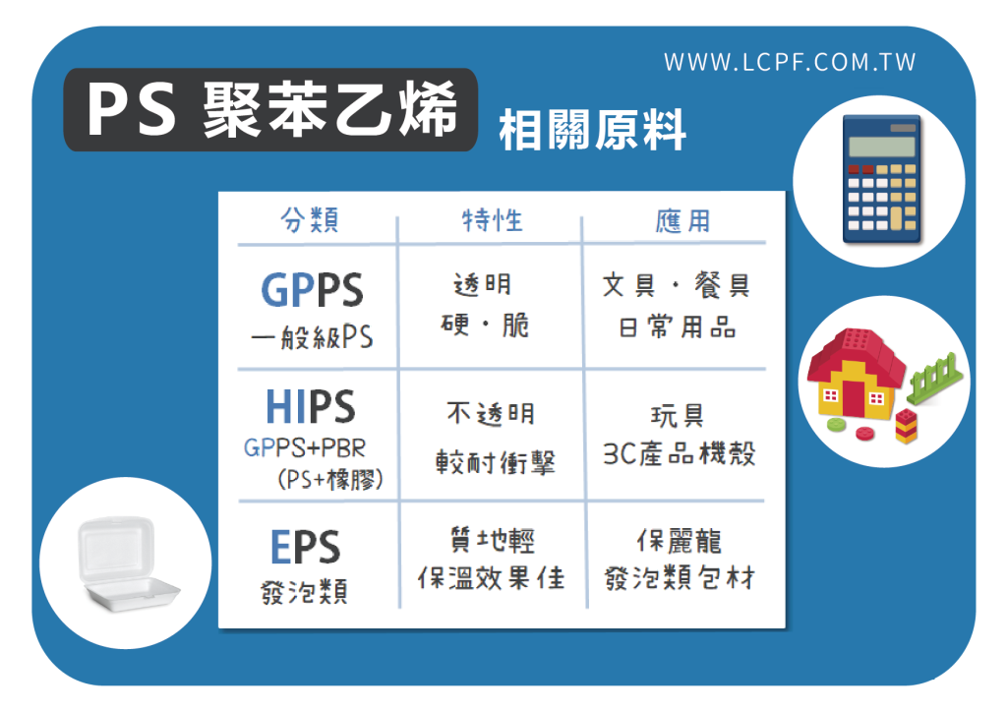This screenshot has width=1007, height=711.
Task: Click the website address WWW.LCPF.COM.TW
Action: tap(790, 62)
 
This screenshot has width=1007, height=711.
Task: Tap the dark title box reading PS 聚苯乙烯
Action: tap(270, 110)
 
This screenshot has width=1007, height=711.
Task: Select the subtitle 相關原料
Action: tap(592, 131)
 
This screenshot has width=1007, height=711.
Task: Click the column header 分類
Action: tap(310, 219)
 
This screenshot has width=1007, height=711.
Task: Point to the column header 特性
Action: tap(493, 220)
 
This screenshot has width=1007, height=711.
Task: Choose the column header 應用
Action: tap(682, 221)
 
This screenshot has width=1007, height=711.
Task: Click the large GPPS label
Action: tap(312, 290)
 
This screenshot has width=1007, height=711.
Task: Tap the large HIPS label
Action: tap(311, 406)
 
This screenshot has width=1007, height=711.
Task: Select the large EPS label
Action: tap(306, 547)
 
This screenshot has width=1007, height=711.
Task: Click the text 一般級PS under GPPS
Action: tap(312, 336)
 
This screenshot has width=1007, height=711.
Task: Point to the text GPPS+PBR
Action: tap(305, 447)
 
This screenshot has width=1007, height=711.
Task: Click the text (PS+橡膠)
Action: tap(330, 479)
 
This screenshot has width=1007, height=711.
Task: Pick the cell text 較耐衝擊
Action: tap(496, 462)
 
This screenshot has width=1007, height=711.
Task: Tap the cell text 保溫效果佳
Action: tap(492, 578)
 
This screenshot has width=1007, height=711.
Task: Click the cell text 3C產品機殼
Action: tap(679, 454)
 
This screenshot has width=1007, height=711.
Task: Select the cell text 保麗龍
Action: tap(680, 541)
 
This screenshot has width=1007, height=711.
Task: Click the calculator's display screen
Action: tap(882, 148)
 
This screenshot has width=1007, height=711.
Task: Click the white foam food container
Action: tap(127, 563)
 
